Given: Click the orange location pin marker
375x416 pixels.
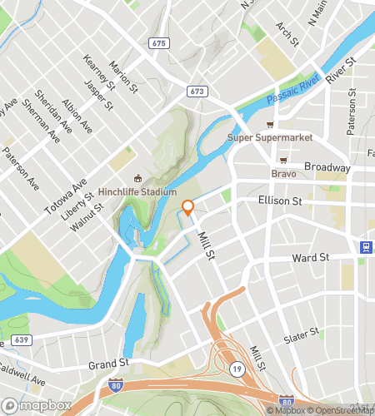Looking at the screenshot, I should pyautogui.click(x=188, y=208).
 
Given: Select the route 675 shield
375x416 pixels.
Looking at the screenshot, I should pyautogui.click(x=160, y=42).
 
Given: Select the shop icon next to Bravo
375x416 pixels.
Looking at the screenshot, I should pyautogui.click(x=283, y=160).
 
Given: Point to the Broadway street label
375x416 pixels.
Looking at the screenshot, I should pyautogui.click(x=327, y=167).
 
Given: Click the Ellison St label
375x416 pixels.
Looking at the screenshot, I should pyautogui.click(x=279, y=201).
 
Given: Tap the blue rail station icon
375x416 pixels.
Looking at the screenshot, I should pyautogui.click(x=365, y=247).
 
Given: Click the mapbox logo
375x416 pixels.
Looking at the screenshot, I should pyautogui.click(x=33, y=407).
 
